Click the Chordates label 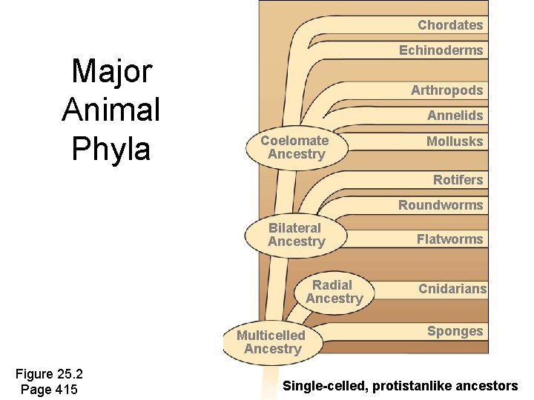[449, 25]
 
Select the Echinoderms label [441, 50]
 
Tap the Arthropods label [446, 90]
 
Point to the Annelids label [455, 116]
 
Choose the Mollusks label [454, 141]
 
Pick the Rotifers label [458, 180]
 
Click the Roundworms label [441, 205]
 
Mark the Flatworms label [449, 239]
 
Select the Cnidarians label [452, 289]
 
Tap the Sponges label [455, 331]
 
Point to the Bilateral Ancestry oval [296, 235]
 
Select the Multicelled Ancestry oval [271, 342]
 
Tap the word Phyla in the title [111, 148]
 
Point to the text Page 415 [50, 390]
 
